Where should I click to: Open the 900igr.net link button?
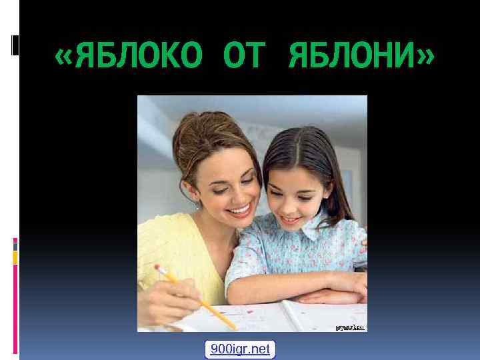(x=240, y=349)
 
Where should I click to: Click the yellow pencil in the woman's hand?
(x=200, y=299)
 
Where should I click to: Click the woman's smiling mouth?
(x=239, y=211)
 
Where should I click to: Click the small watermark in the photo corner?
(x=349, y=327)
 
